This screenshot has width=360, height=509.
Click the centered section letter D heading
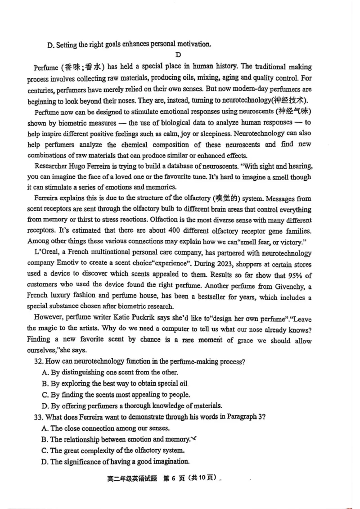pos(178,55)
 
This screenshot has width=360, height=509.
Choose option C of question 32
pos(45,395)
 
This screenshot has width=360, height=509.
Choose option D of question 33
pos(45,461)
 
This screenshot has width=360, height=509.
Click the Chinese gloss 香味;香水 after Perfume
pos(81,67)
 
